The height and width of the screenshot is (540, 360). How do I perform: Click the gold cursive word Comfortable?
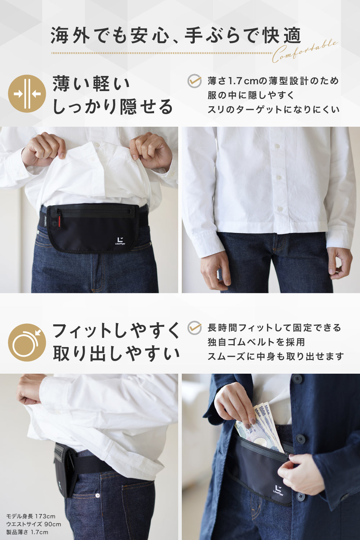tap(305, 51)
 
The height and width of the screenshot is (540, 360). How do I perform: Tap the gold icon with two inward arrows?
tap(27, 94)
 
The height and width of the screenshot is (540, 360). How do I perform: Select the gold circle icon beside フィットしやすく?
tap(27, 342)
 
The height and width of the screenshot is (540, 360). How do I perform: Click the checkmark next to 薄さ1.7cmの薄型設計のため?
tap(195, 81)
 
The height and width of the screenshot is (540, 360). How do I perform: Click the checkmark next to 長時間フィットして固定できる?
tap(195, 328)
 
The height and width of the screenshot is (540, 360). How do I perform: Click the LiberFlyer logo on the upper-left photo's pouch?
tap(120, 241)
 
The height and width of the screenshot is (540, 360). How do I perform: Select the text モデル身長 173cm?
tap(31, 516)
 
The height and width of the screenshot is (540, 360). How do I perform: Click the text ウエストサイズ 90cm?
tap(33, 524)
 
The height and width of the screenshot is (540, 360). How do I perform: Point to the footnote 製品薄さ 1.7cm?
tap(27, 532)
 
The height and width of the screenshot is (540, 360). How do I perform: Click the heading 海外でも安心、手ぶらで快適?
tap(176, 35)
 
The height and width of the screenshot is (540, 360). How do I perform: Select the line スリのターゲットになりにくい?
tap(274, 110)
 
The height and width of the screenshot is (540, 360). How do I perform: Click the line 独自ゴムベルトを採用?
tap(256, 342)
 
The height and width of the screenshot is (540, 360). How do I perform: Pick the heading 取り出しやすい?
tap(116, 354)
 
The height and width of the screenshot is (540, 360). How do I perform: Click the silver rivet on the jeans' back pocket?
tap(98, 495)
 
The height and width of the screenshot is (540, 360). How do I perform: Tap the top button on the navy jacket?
tap(296, 379)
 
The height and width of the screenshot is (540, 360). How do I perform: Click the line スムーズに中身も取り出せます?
tap(276, 356)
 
